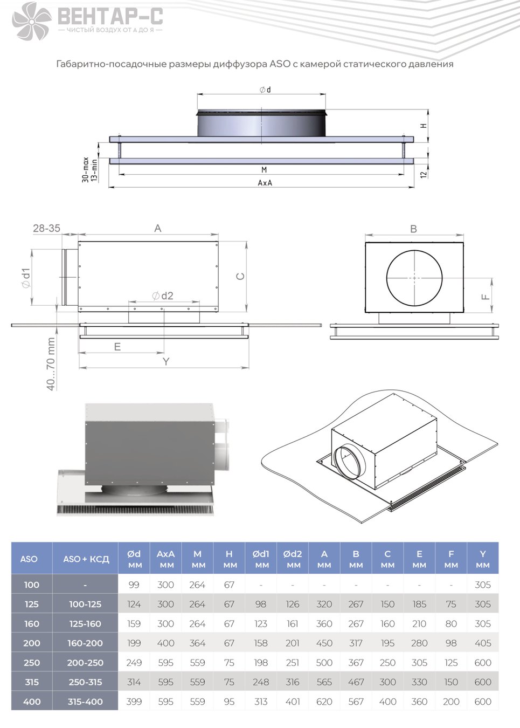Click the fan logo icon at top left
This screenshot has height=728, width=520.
tap(32, 21)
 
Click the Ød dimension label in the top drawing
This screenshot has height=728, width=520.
tap(265, 90)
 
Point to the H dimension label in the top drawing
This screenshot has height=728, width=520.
tap(424, 126)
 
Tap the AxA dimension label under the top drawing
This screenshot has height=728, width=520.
tap(265, 183)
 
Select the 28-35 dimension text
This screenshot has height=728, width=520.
tap(46, 228)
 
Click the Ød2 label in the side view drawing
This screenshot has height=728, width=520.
tap(162, 296)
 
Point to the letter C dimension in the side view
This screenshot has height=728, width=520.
tap(240, 276)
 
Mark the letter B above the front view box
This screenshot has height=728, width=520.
tap(413, 229)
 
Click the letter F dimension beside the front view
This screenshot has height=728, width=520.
tap(485, 297)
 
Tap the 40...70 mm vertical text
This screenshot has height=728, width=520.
tap(51, 363)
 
